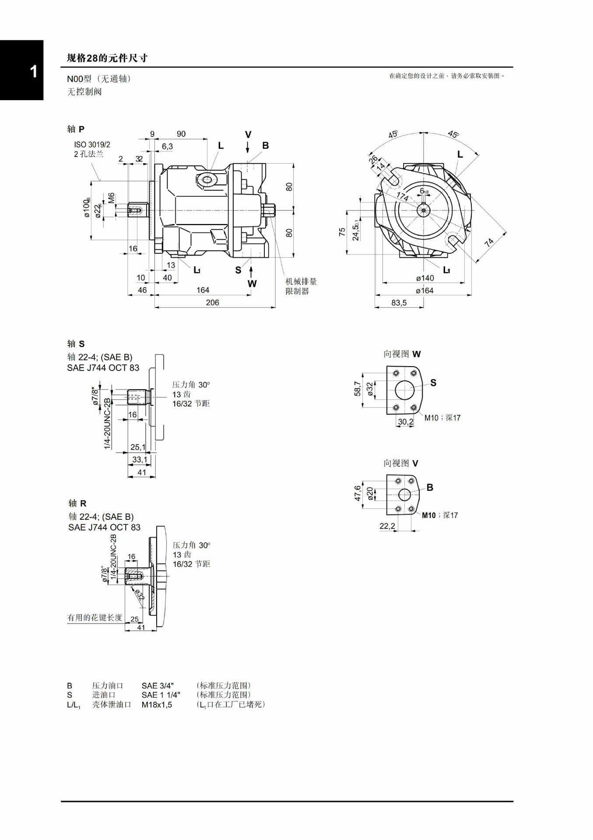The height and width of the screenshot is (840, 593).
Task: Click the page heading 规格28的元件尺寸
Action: (107, 58)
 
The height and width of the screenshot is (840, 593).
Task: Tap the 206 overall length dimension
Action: (212, 303)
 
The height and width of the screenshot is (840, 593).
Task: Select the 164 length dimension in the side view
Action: (203, 290)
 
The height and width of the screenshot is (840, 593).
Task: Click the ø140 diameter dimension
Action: (425, 278)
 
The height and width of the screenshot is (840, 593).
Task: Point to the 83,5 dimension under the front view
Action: (399, 303)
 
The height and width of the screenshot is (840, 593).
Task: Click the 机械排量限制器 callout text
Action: (301, 287)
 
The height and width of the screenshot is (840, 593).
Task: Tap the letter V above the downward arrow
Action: (248, 135)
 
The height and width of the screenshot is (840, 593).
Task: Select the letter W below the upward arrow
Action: (252, 283)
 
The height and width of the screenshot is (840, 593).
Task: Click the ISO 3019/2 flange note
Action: (92, 145)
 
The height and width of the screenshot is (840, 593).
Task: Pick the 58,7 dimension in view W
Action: (358, 388)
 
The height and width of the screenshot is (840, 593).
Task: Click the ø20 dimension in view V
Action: (370, 493)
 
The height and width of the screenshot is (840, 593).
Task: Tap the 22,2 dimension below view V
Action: (387, 526)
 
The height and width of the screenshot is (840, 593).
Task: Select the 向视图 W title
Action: (402, 354)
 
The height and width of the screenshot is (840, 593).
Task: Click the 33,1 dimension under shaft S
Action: (140, 459)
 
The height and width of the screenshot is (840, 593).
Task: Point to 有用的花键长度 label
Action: (95, 617)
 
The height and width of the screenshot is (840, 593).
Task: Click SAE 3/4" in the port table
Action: (158, 686)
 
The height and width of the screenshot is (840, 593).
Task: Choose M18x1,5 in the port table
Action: (157, 704)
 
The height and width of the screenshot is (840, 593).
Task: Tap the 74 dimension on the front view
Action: (489, 242)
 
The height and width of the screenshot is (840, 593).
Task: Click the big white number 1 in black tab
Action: (33, 72)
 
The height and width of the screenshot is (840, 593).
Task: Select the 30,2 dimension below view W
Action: (405, 422)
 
